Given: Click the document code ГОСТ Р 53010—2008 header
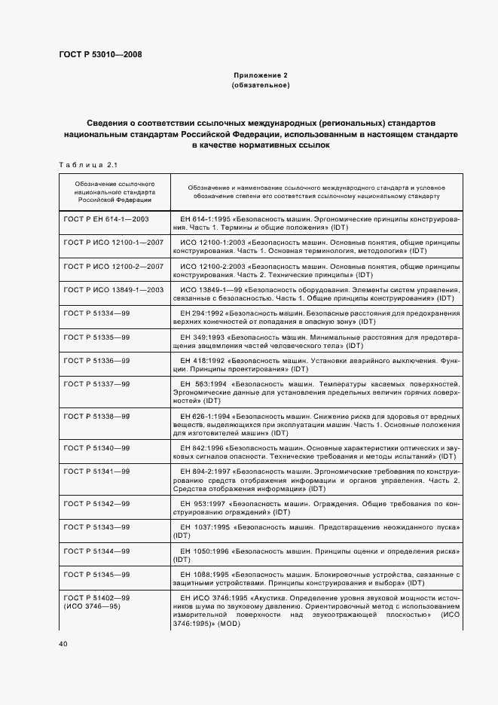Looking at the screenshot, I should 99,54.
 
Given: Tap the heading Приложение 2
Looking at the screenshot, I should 261,75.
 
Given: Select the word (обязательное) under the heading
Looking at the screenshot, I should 261,86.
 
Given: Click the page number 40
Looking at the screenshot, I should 63,644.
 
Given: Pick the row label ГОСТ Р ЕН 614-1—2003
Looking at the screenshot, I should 106,218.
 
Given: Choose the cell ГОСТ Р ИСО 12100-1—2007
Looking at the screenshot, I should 114,243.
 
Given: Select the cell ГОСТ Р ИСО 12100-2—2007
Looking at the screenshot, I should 114,267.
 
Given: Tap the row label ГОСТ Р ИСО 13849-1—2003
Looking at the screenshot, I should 114,290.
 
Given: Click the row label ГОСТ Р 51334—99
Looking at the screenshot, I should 96,313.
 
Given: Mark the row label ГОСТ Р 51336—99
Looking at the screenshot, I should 96,361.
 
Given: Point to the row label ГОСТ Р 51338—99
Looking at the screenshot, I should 96,416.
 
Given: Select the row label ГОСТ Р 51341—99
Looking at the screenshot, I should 96,471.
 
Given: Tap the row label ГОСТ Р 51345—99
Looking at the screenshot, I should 96,574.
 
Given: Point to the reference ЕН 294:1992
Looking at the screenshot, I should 201,313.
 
